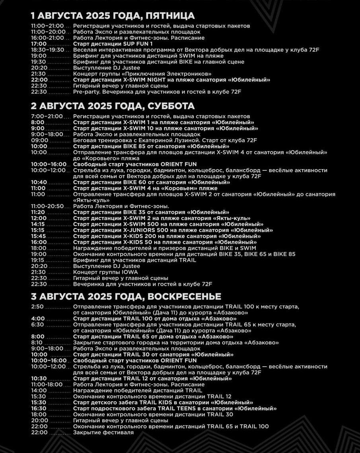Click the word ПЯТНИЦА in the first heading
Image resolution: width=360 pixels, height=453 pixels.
[x=170, y=16]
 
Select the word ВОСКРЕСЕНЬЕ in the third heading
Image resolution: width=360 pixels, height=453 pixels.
[x=184, y=297]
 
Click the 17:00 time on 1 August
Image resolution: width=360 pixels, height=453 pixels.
[x=39, y=44]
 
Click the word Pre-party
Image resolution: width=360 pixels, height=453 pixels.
[x=84, y=92]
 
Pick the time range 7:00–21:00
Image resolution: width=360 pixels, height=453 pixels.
[x=47, y=116]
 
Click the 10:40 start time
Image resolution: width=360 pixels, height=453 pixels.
[x=39, y=182]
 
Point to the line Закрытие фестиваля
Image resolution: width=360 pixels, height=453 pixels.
[x=103, y=432]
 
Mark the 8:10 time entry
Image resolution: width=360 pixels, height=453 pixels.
[x=37, y=342]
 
